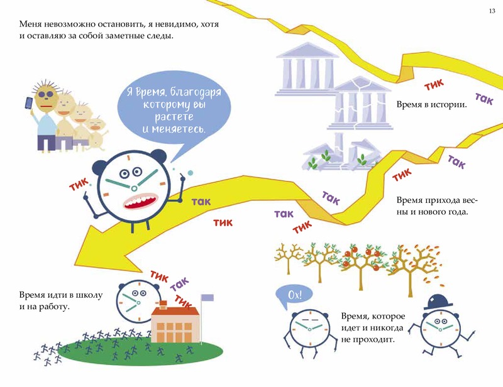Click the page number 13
tap(492, 11)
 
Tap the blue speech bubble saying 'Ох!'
tap(294, 295)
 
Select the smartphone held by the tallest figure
tap(28, 103)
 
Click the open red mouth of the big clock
tap(140, 200)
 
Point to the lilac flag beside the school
tap(207, 298)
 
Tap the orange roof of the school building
tap(175, 310)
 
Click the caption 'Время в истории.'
tap(431, 104)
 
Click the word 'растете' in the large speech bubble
tap(174, 116)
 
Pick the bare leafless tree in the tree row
tap(289, 258)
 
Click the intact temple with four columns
tap(307, 69)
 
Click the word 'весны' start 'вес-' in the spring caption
tap(470, 200)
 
